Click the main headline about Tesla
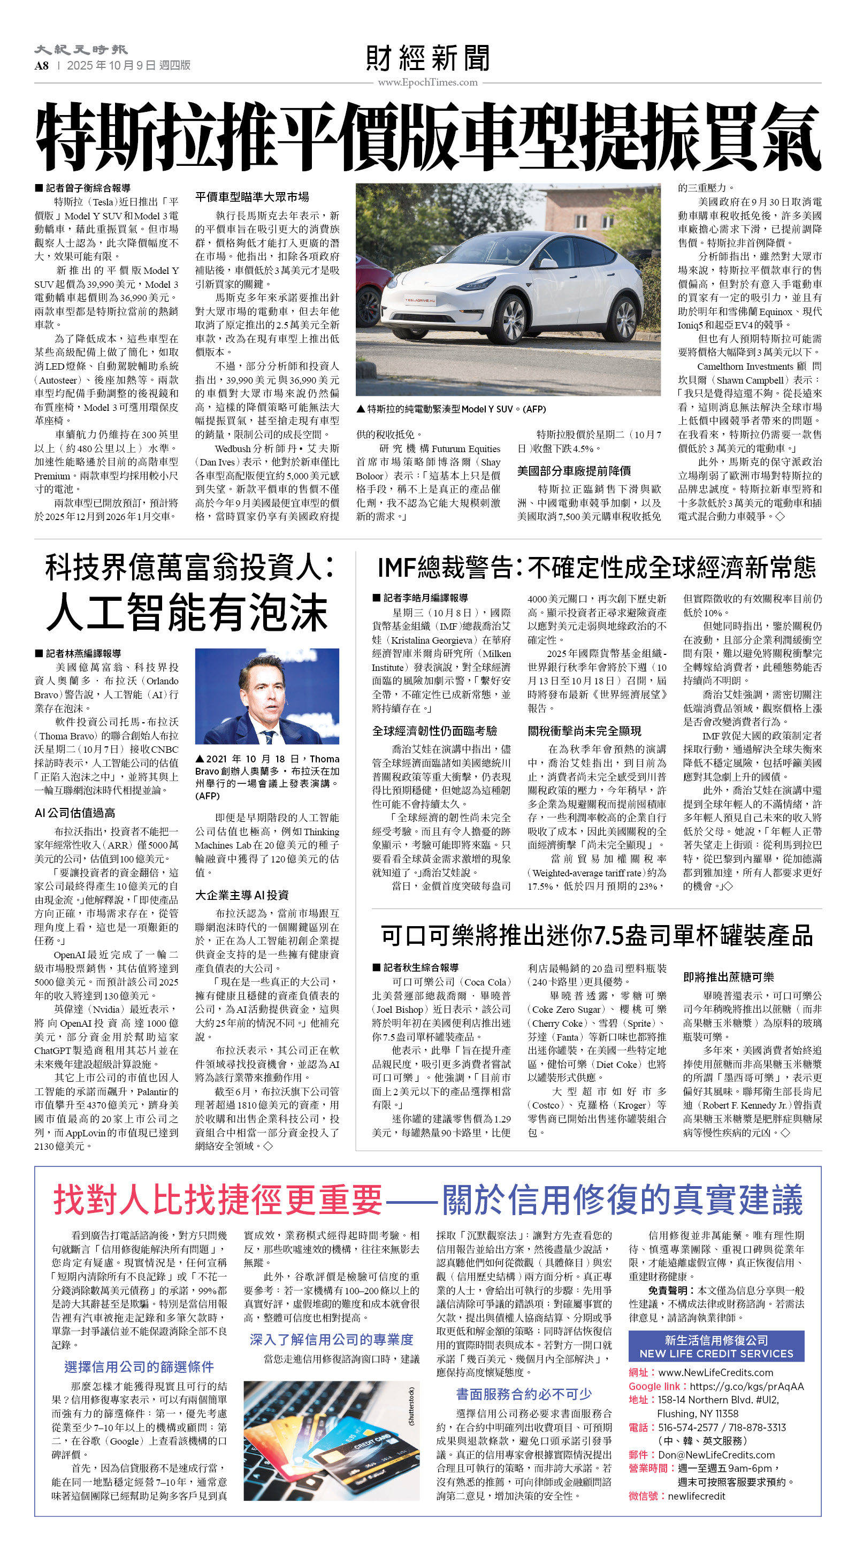pyautogui.click(x=427, y=138)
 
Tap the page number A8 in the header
pyautogui.click(x=41, y=65)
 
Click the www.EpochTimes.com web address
pyautogui.click(x=427, y=82)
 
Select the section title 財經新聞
pyautogui.click(x=427, y=59)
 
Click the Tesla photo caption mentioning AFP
pyautogui.click(x=450, y=409)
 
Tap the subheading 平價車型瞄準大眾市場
pyautogui.click(x=253, y=197)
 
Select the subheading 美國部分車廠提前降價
pyautogui.click(x=574, y=470)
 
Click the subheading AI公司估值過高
pyautogui.click(x=75, y=813)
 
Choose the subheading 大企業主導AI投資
pyautogui.click(x=242, y=895)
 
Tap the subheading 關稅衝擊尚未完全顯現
pyautogui.click(x=584, y=731)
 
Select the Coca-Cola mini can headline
pyautogui.click(x=597, y=936)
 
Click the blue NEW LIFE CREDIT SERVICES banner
pyautogui.click(x=716, y=1346)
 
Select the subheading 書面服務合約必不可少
pyautogui.click(x=523, y=1394)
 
